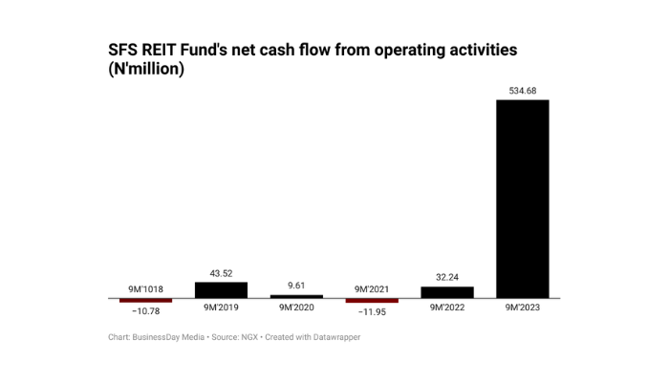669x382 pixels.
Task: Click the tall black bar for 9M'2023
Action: pyautogui.click(x=522, y=199)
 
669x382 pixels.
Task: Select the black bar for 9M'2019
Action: pyautogui.click(x=221, y=289)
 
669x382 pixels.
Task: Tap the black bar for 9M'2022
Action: pyautogui.click(x=446, y=292)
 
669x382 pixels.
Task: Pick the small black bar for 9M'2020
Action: pyautogui.click(x=296, y=296)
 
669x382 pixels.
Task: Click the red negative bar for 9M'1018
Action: pyautogui.click(x=145, y=300)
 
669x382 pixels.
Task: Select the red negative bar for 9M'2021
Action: pyautogui.click(x=371, y=300)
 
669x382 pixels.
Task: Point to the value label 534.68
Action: pyautogui.click(x=522, y=91)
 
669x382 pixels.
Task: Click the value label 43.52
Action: pyautogui.click(x=221, y=273)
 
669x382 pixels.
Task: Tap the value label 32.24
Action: pyautogui.click(x=446, y=277)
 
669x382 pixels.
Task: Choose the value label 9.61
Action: pyautogui.click(x=296, y=286)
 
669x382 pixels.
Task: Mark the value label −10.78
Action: pyautogui.click(x=145, y=311)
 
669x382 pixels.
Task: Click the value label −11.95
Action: pyautogui.click(x=371, y=311)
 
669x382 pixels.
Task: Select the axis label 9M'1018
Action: pyautogui.click(x=145, y=288)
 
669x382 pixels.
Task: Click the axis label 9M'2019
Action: pyautogui.click(x=221, y=308)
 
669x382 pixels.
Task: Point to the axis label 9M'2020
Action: pyautogui.click(x=296, y=308)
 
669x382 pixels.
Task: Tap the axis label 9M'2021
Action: pyautogui.click(x=371, y=288)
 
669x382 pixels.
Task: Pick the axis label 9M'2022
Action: pyautogui.click(x=446, y=308)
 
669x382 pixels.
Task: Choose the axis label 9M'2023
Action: pyautogui.click(x=522, y=308)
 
